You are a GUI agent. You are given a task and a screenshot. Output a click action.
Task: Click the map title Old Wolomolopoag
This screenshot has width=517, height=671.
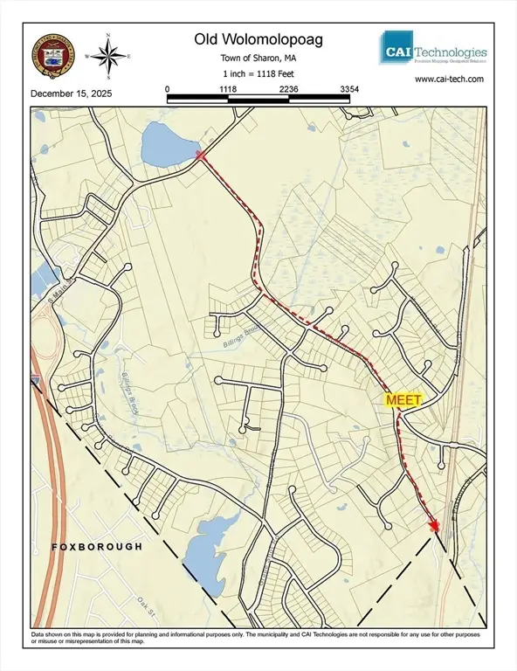pyautogui.click(x=258, y=39)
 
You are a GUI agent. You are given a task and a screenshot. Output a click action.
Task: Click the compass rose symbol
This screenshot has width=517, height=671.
pyautogui.click(x=107, y=56)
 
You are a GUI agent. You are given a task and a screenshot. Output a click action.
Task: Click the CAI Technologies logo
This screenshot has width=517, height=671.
pyautogui.click(x=433, y=48)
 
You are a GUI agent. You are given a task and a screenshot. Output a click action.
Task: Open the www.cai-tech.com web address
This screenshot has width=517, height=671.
pyautogui.click(x=449, y=78)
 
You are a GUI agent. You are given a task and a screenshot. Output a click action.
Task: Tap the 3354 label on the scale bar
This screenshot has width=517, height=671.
pyautogui.click(x=349, y=89)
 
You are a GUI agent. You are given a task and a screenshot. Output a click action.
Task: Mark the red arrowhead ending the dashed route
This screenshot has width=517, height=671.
pyautogui.click(x=434, y=524)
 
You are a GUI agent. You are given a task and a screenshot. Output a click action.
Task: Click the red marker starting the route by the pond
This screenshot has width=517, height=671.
pyautogui.click(x=200, y=155)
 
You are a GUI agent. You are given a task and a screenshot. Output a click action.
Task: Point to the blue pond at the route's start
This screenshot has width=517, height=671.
pyautogui.click(x=169, y=143)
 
